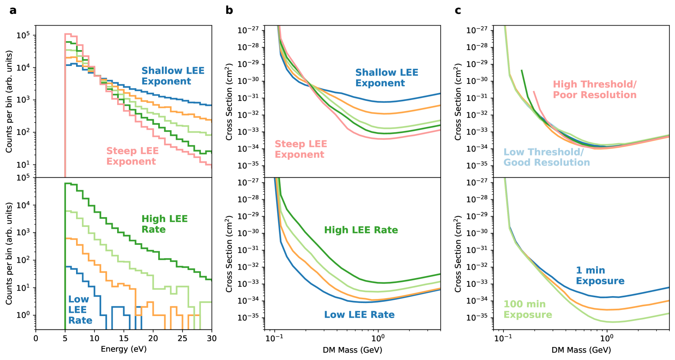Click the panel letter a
click(13, 11)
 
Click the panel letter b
click(229, 11)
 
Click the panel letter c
click(458, 11)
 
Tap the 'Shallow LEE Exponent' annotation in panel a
click(173, 76)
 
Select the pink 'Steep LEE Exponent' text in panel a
click(132, 156)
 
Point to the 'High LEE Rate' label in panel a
click(164, 224)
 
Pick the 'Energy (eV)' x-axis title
click(124, 349)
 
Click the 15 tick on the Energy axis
click(124, 338)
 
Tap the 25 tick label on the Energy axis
click(183, 338)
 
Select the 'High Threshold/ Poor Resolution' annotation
click(594, 89)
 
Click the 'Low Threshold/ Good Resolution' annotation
click(547, 157)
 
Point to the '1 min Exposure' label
click(600, 276)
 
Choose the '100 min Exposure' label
click(527, 310)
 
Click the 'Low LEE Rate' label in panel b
click(359, 315)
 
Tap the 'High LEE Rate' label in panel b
click(361, 230)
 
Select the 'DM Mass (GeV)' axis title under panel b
click(352, 350)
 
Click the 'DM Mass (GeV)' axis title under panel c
click(581, 350)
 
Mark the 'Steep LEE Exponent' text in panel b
click(300, 149)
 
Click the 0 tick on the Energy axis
click(36, 338)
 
